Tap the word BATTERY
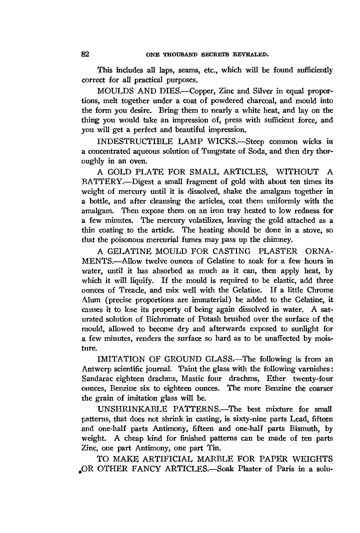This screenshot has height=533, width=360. pos(98,182)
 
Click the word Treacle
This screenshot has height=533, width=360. pos(126,290)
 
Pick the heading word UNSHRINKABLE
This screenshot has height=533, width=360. pos(134,409)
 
